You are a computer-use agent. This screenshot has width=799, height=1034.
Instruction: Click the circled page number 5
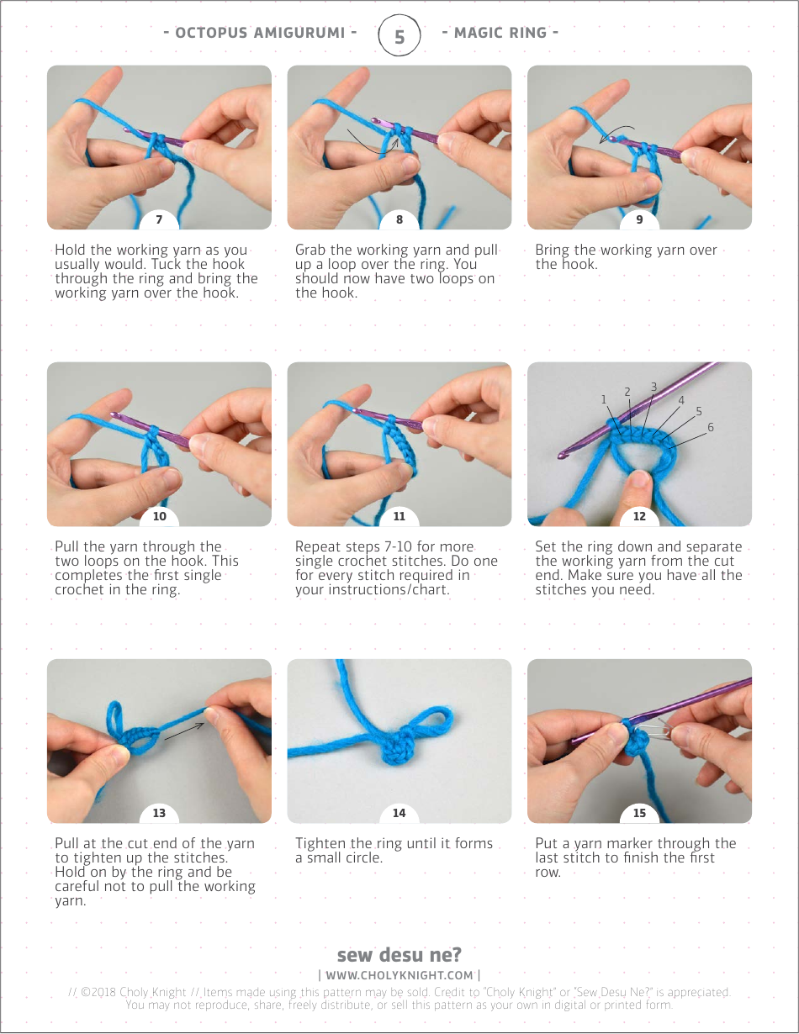pyautogui.click(x=399, y=36)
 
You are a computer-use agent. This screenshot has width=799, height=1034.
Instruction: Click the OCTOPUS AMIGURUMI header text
pyautogui.click(x=260, y=33)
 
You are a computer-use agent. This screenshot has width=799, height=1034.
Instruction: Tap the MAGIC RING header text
pyautogui.click(x=500, y=33)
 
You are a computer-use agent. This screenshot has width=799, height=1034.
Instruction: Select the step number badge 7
pyautogui.click(x=159, y=220)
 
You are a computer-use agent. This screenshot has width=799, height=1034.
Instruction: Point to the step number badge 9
pyautogui.click(x=639, y=220)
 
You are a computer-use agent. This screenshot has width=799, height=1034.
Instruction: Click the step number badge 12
pyautogui.click(x=639, y=516)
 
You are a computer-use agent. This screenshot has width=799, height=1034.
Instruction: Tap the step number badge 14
pyautogui.click(x=399, y=813)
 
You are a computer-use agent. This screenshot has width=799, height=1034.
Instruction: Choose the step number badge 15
pyautogui.click(x=639, y=813)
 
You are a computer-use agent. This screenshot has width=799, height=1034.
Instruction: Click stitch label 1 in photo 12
pyautogui.click(x=604, y=399)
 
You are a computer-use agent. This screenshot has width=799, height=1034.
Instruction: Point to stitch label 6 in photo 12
pyautogui.click(x=711, y=427)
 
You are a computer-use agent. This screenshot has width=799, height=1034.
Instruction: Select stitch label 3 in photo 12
pyautogui.click(x=653, y=387)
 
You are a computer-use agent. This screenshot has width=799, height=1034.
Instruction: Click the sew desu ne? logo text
pyautogui.click(x=399, y=955)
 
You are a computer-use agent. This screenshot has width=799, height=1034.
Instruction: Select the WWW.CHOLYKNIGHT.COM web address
pyautogui.click(x=399, y=975)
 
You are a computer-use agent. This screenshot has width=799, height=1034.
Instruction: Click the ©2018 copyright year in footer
pyautogui.click(x=99, y=992)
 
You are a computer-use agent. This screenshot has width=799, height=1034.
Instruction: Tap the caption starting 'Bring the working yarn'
pyautogui.click(x=626, y=257)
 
